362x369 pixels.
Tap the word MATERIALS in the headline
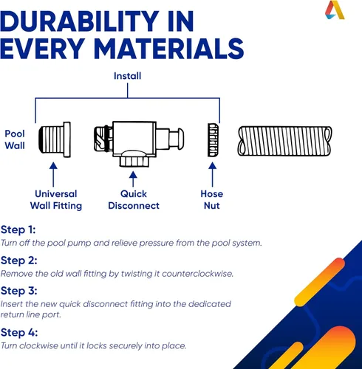tap(168, 49)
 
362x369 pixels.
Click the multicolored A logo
tap(335, 10)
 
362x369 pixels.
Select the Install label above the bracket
tap(127, 76)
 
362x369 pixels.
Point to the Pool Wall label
tap(15, 139)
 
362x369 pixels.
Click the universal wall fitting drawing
tap(55, 139)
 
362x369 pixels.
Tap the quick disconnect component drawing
tap(139, 144)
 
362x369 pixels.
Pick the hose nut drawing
tap(213, 140)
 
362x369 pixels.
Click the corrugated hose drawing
tap(284, 141)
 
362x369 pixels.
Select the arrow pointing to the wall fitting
tap(53, 174)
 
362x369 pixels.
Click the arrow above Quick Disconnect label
tap(133, 179)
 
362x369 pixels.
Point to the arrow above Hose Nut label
tap(213, 174)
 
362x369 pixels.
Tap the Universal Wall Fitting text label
tap(56, 200)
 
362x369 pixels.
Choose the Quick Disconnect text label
tap(134, 200)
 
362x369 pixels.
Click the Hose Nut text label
tap(212, 200)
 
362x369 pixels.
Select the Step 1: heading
tap(18, 230)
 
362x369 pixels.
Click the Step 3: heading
tap(19, 291)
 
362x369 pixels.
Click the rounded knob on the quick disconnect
tap(180, 139)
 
